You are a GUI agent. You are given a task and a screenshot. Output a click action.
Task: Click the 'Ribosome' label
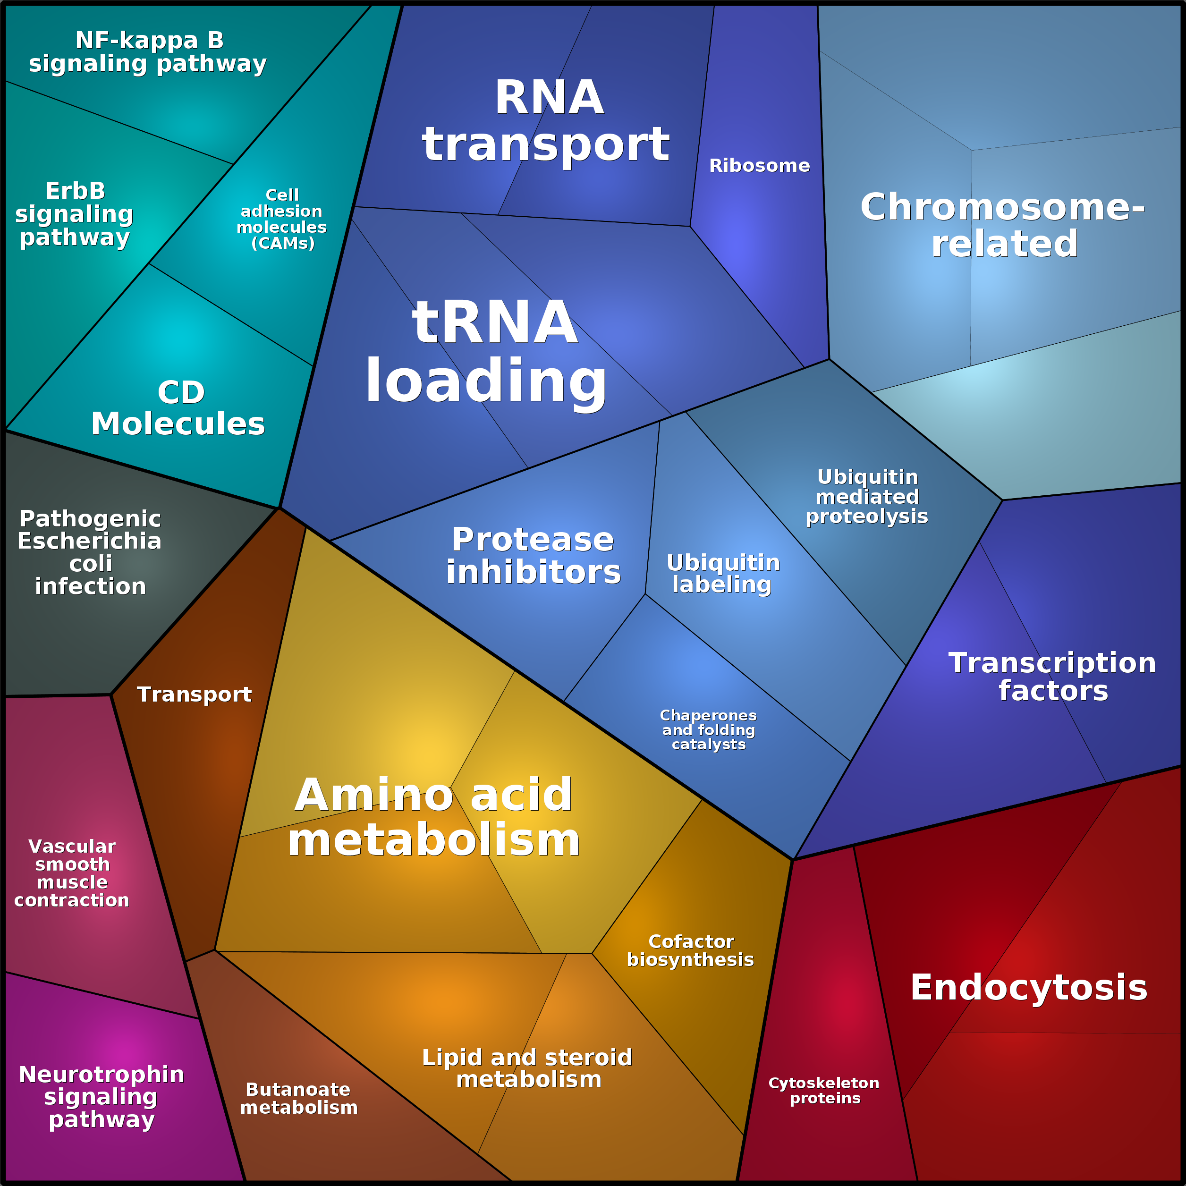click(759, 166)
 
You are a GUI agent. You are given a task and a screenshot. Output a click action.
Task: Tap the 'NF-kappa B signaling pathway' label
click(148, 52)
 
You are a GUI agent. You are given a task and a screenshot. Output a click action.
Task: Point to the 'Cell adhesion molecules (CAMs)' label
click(282, 219)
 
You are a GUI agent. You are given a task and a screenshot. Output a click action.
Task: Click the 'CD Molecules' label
click(178, 408)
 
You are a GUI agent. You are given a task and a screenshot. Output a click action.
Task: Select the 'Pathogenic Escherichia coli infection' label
click(90, 552)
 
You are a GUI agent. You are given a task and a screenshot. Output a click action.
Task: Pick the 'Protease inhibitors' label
click(534, 556)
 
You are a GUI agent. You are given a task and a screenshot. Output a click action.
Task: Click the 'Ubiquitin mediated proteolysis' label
click(867, 497)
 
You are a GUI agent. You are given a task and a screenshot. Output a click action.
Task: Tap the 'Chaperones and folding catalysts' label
click(708, 730)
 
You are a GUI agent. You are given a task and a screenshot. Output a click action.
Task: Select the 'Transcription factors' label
click(1053, 677)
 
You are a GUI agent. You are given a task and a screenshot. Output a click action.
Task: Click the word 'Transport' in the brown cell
click(194, 695)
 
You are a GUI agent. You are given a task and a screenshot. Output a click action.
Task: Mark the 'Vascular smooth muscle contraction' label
click(72, 873)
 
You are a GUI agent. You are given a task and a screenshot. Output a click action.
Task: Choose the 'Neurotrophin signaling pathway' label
click(102, 1097)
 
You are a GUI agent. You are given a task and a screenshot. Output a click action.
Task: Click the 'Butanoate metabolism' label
click(299, 1098)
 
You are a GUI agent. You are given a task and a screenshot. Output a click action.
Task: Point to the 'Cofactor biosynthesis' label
click(691, 950)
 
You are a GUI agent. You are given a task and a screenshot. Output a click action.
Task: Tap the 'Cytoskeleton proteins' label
click(824, 1090)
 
